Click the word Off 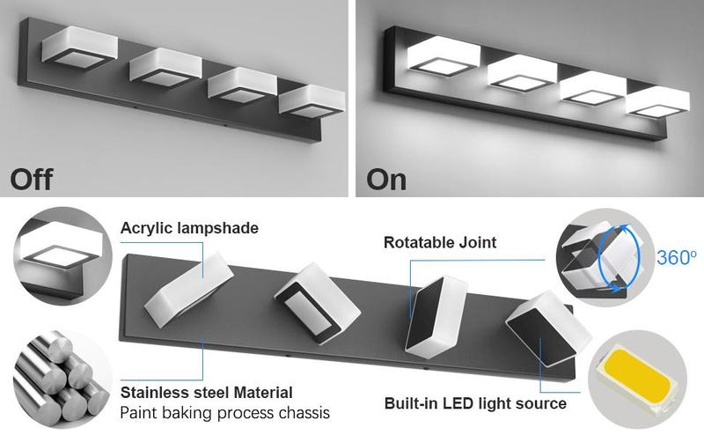pyautogui.click(x=32, y=179)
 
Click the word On pyautogui.click(x=386, y=179)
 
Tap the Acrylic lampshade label pyautogui.click(x=189, y=229)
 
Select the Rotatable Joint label pyautogui.click(x=440, y=241)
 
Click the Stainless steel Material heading pyautogui.click(x=206, y=392)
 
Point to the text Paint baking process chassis pyautogui.click(x=224, y=412)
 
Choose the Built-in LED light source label pyautogui.click(x=475, y=404)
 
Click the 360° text pyautogui.click(x=676, y=259)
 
